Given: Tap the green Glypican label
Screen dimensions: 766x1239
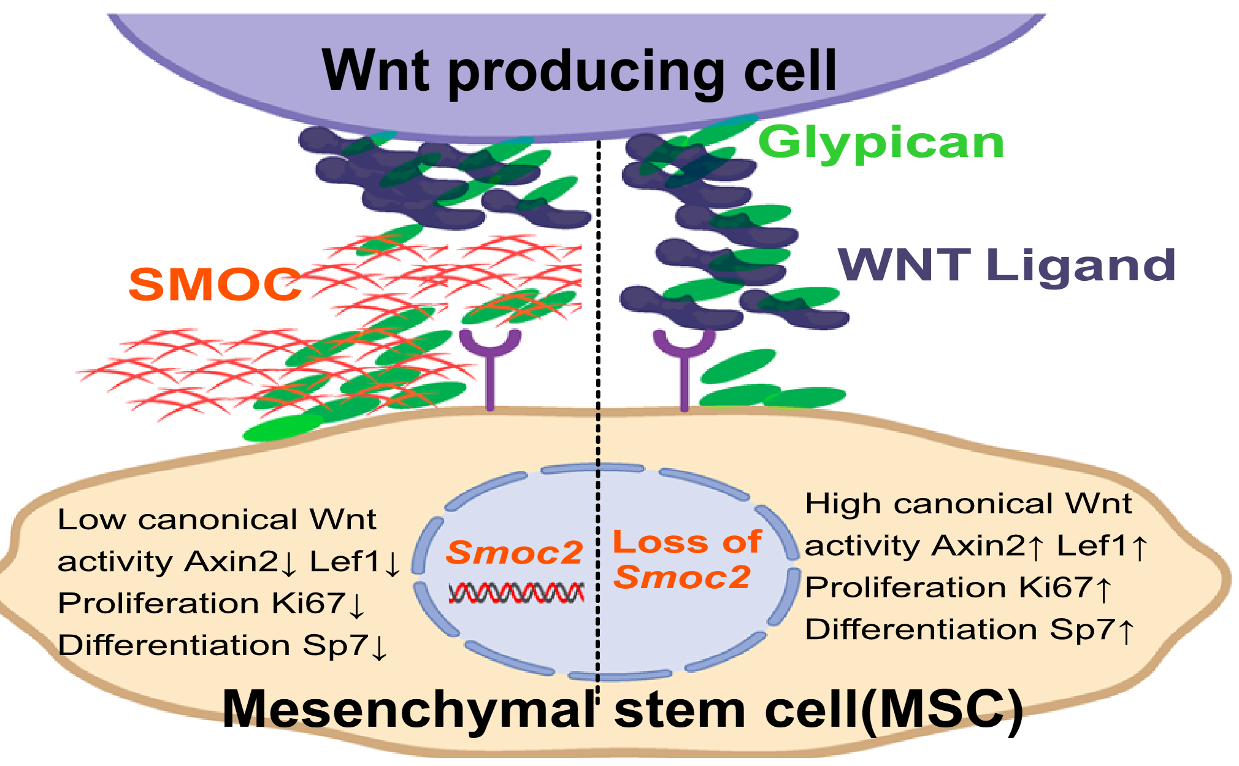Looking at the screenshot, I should (x=881, y=144).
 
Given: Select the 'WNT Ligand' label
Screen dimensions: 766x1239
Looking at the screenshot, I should (x=1006, y=266).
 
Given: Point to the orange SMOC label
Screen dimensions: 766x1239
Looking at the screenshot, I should (x=215, y=285).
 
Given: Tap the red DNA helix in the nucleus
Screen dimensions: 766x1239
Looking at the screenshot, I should (x=516, y=593).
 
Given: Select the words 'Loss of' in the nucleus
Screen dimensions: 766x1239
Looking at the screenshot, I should (x=687, y=542).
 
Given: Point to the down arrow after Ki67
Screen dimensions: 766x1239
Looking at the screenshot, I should (x=356, y=605).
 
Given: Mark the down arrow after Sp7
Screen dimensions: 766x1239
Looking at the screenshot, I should (x=380, y=647).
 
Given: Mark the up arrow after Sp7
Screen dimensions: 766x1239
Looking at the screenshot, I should (x=1126, y=631).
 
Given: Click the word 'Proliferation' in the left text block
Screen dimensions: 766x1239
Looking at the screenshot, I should (x=158, y=603).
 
